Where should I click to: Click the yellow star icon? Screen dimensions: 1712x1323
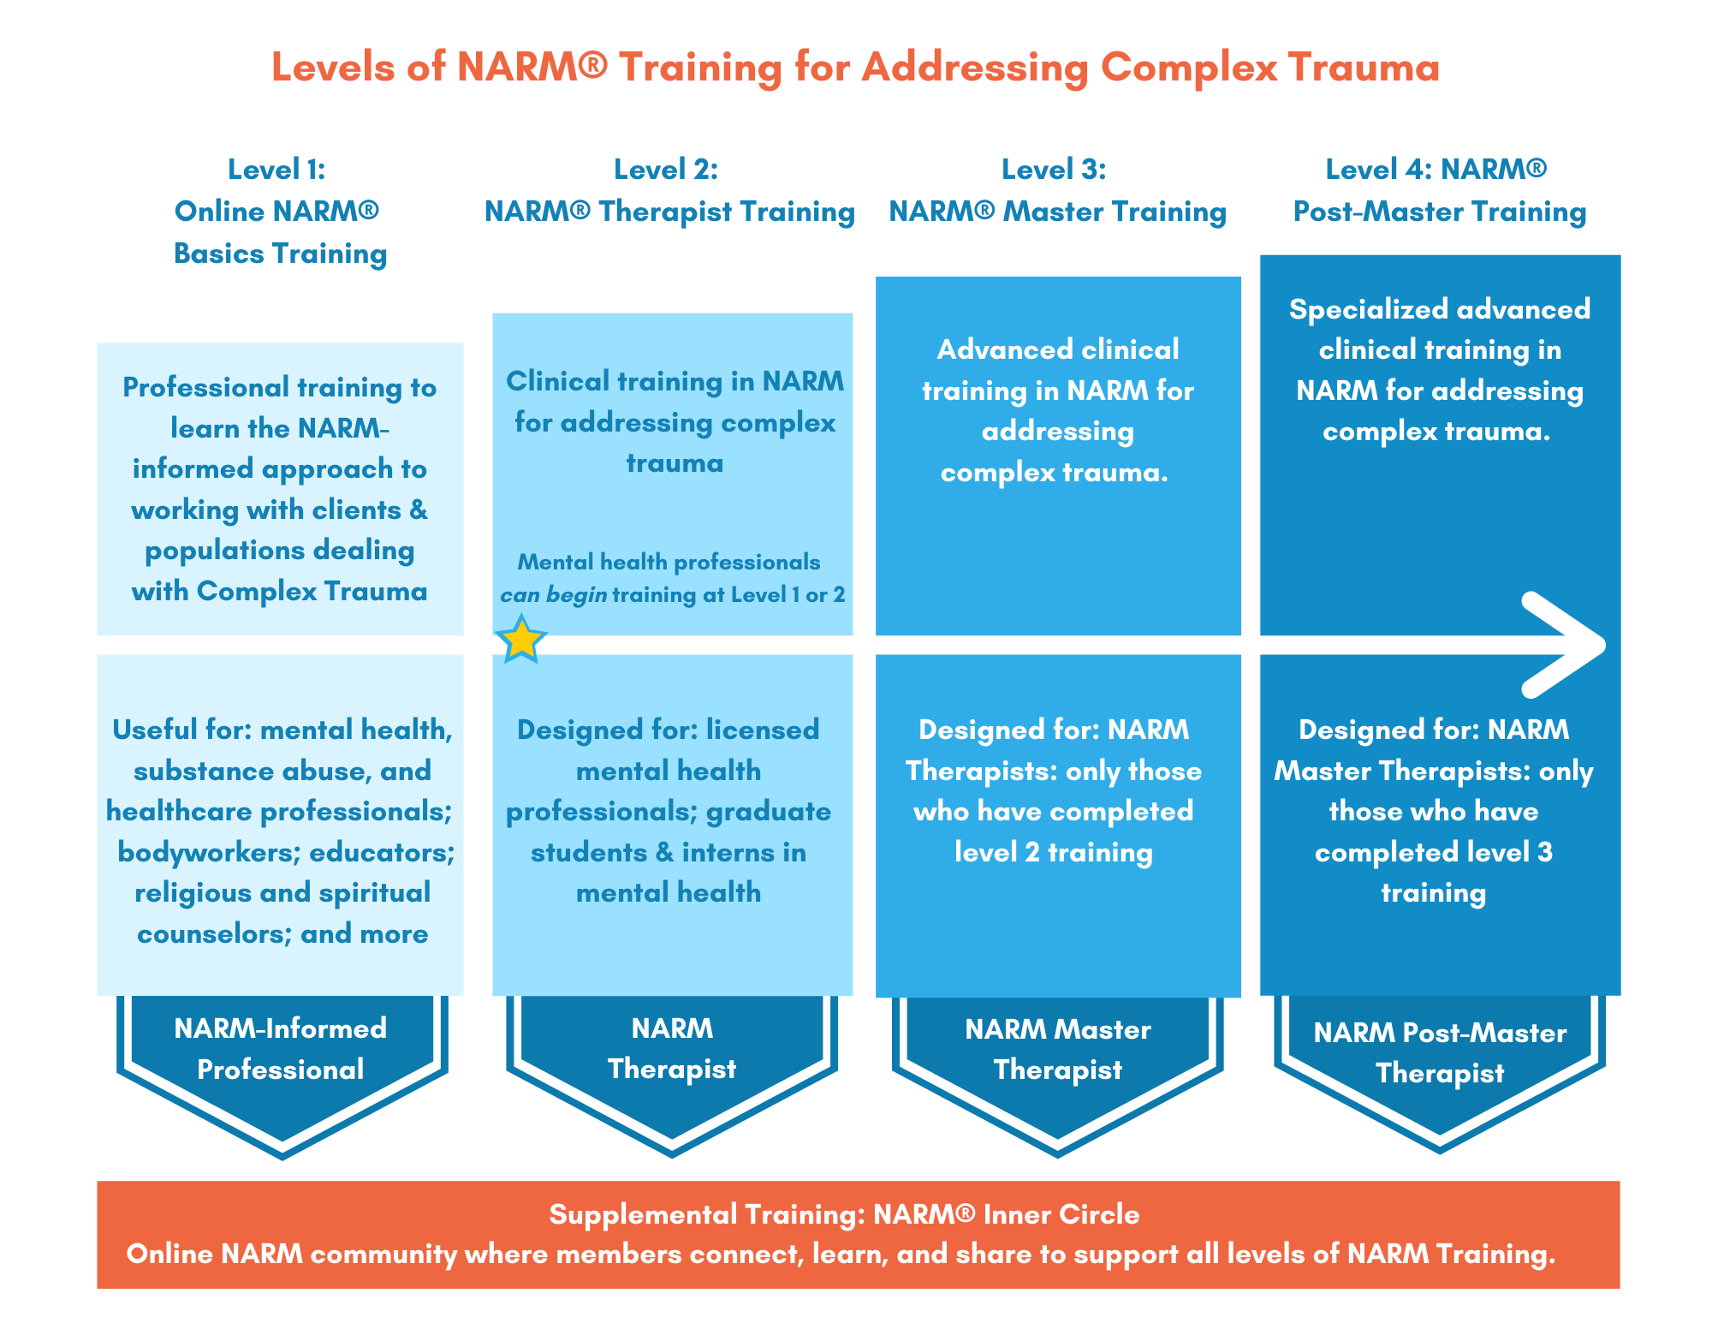coord(521,640)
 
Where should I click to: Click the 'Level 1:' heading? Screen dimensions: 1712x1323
coord(276,170)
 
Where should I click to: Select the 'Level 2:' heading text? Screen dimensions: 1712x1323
coord(666,170)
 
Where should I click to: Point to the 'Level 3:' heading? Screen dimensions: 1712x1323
coord(1054,170)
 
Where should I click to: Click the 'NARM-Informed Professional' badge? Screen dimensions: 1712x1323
coord(282,1070)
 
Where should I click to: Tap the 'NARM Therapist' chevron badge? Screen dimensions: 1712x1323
coord(672,1070)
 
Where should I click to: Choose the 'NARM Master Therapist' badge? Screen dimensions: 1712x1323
coord(1058,1070)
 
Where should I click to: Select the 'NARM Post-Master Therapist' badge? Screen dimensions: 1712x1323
coord(1440,1070)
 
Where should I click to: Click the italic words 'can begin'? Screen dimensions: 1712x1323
coord(554,595)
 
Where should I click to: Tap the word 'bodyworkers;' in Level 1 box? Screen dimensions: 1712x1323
coord(209,852)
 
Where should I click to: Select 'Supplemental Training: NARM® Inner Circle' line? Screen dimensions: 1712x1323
coord(844,1214)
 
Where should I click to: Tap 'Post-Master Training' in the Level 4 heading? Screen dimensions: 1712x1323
coord(1440,212)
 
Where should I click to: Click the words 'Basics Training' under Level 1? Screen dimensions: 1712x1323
coord(280,253)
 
